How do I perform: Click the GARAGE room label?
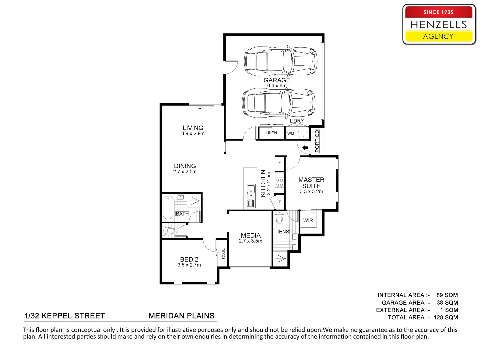[277, 80]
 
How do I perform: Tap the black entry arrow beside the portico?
[305, 148]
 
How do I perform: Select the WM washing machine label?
[290, 134]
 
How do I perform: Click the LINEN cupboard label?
[271, 133]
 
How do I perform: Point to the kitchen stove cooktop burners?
[279, 183]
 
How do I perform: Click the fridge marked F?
[279, 164]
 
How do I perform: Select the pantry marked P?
[280, 202]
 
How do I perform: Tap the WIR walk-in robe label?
[308, 220]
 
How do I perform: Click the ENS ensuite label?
[284, 231]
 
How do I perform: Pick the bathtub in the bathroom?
[168, 208]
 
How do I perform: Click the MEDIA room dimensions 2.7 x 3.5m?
[250, 241]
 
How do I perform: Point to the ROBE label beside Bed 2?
[223, 254]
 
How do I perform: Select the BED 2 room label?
[189, 259]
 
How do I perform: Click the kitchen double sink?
[251, 192]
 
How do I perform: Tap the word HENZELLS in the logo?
[439, 25]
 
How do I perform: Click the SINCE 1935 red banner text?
[438, 12]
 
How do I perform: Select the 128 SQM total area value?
[446, 317]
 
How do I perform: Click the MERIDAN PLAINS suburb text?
[182, 316]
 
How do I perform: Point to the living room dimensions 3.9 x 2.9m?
[193, 134]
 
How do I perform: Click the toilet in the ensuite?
[279, 218]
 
